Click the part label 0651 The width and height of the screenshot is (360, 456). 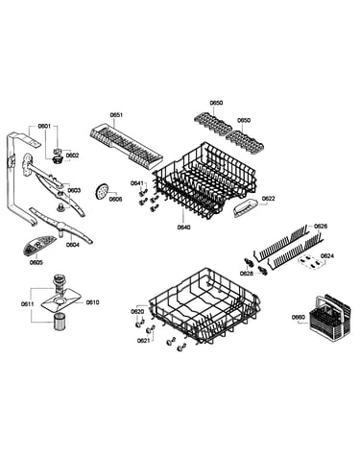(x=116, y=115)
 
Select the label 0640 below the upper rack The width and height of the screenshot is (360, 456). (x=183, y=228)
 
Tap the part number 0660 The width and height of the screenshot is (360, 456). (x=299, y=317)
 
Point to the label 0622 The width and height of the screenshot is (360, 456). (x=269, y=199)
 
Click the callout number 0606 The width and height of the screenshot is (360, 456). (x=115, y=199)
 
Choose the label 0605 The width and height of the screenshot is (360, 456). (x=36, y=262)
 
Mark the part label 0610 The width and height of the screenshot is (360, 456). (x=92, y=302)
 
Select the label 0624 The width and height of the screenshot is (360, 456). (x=327, y=255)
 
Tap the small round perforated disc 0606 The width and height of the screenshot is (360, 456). (x=102, y=191)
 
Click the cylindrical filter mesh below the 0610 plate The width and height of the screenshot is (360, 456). (x=59, y=322)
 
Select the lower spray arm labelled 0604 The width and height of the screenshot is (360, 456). (x=60, y=226)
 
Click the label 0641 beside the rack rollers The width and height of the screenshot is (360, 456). (x=137, y=183)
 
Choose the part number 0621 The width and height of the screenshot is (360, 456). (x=143, y=341)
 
